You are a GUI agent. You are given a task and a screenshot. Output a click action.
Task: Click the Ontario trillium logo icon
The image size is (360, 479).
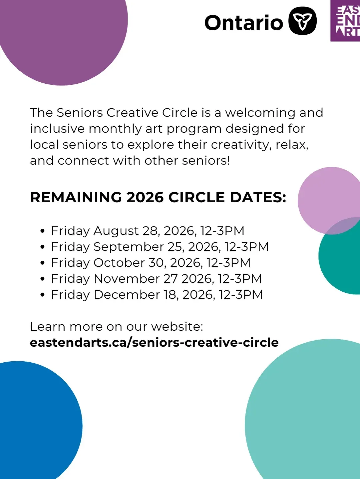pos(302,21)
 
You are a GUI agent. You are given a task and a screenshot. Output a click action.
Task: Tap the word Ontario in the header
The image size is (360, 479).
pos(244,23)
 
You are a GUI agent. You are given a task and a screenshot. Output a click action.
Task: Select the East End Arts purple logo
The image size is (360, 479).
pos(345,21)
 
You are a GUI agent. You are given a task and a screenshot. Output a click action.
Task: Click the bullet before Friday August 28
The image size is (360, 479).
pos(43,231)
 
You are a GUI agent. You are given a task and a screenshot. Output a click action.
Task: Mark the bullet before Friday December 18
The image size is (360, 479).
pos(43,295)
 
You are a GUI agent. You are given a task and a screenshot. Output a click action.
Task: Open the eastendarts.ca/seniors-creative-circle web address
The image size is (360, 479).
pos(154,342)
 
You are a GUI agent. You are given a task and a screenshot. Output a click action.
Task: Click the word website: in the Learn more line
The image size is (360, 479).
pos(177,327)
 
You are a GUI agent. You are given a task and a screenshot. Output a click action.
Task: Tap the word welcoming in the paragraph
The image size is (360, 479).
pos(260,113)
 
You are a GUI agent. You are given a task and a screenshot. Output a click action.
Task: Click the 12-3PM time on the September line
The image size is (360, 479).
pos(247,247)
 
